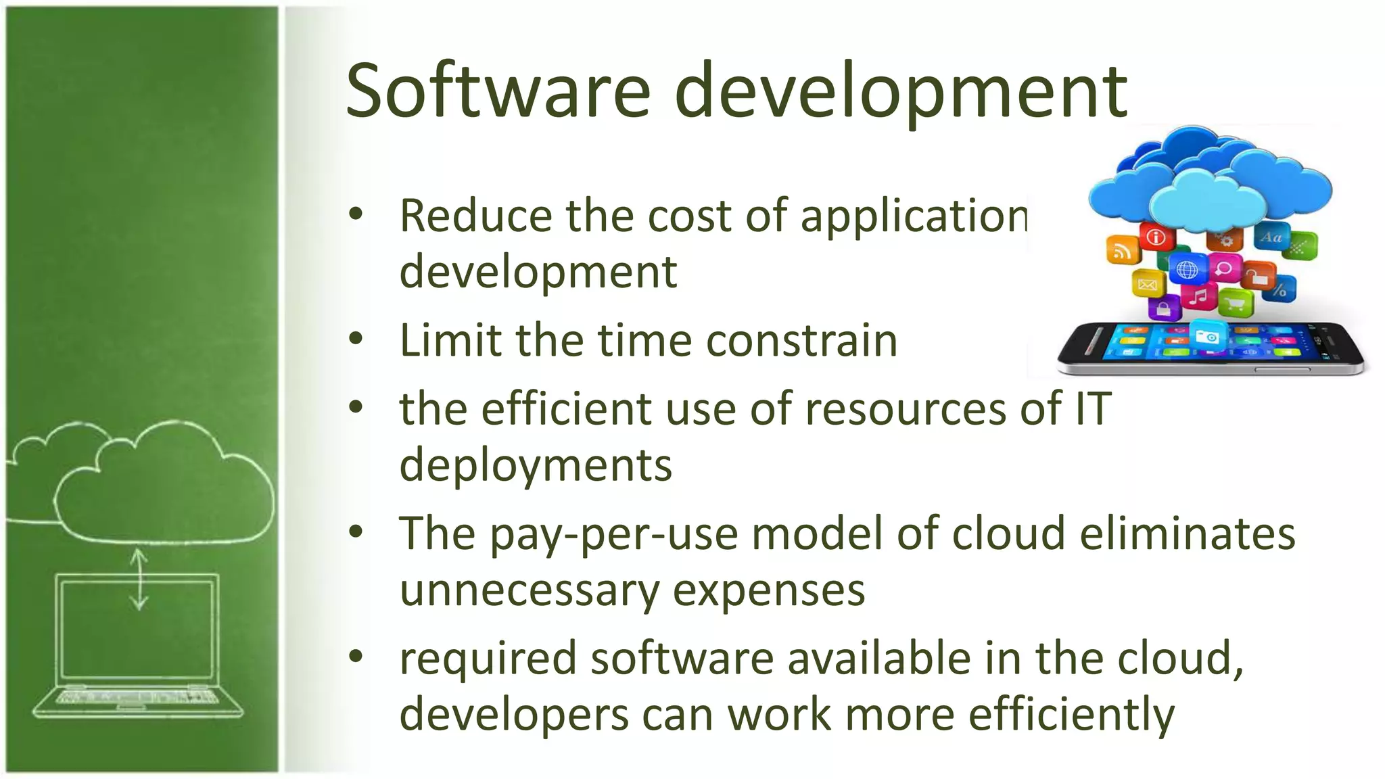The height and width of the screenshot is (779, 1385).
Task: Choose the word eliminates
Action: (x=1188, y=534)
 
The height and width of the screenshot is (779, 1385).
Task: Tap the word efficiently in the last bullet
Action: (x=1072, y=715)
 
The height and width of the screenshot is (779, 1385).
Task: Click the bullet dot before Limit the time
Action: (x=356, y=339)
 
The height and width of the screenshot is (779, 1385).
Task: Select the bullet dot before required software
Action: (x=356, y=655)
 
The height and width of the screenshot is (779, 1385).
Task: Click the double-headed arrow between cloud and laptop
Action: (x=139, y=580)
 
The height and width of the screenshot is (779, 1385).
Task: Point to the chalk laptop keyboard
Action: (x=138, y=697)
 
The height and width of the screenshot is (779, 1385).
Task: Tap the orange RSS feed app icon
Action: (x=1122, y=250)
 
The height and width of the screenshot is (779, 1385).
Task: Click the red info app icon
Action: (x=1156, y=237)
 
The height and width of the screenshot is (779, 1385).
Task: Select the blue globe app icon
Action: (x=1187, y=270)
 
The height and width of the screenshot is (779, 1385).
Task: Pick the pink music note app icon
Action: (x=1198, y=296)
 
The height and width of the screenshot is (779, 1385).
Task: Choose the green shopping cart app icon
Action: (x=1235, y=304)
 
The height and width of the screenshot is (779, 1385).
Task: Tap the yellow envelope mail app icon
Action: (x=1148, y=283)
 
